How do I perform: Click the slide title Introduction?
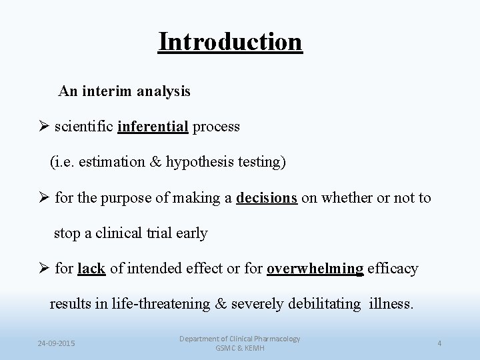click(x=230, y=42)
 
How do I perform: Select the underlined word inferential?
click(x=153, y=127)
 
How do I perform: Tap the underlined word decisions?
click(x=267, y=199)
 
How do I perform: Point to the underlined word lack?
click(x=91, y=269)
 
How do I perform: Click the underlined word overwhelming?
click(x=315, y=269)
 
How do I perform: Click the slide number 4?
click(x=439, y=343)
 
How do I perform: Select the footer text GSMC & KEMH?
click(x=239, y=349)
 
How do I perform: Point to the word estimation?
click(x=107, y=162)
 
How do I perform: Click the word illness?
click(x=390, y=305)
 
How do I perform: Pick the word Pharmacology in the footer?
click(x=275, y=339)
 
